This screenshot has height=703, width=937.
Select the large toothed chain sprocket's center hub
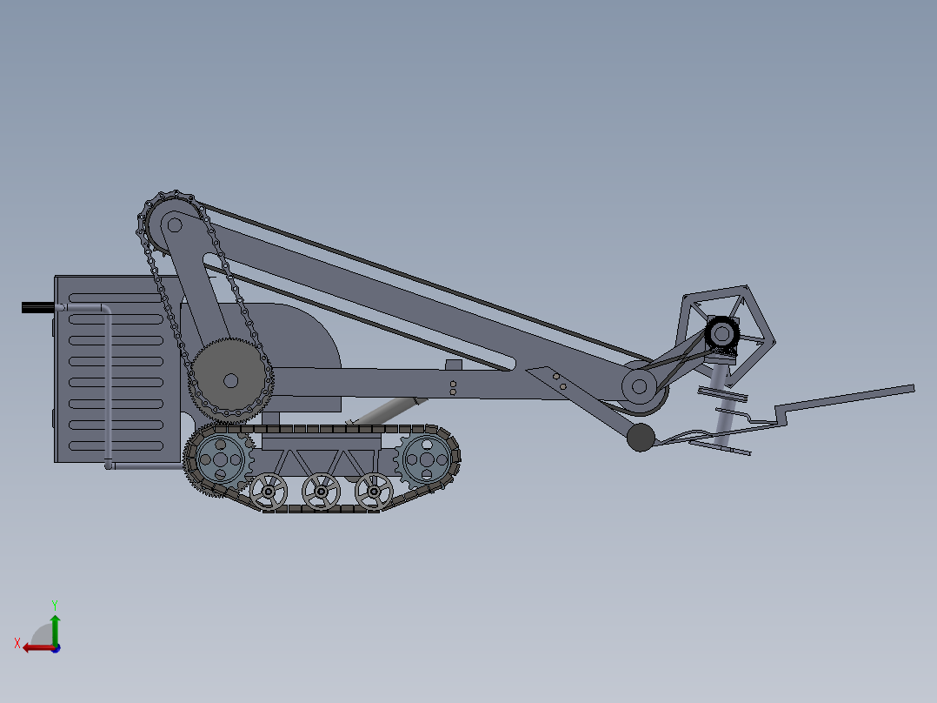(230, 380)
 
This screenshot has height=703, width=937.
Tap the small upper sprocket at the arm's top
(173, 224)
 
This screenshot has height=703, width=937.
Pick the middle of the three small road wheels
(321, 492)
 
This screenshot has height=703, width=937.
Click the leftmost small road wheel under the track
(269, 492)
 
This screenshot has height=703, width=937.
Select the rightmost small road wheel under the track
(373, 492)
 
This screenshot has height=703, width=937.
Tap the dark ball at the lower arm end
(641, 438)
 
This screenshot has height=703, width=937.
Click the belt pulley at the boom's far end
(641, 385)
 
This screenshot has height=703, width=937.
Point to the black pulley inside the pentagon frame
(721, 332)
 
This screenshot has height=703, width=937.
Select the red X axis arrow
(36, 647)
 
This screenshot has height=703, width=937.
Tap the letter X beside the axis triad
(17, 643)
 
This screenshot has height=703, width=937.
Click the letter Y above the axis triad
(54, 604)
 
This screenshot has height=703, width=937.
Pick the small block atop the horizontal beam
(453, 365)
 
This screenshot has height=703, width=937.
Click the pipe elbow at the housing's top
(103, 309)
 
